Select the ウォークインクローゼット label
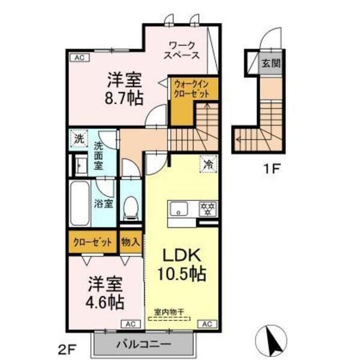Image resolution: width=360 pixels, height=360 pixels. [191, 91]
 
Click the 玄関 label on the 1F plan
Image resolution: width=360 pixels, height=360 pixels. [267, 62]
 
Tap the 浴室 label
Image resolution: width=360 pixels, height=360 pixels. [104, 203]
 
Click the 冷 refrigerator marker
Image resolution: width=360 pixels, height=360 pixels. [208, 163]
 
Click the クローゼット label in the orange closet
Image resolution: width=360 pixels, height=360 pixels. [93, 242]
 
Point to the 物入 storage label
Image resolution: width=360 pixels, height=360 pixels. [130, 242]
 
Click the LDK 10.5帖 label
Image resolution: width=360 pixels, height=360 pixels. [181, 264]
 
